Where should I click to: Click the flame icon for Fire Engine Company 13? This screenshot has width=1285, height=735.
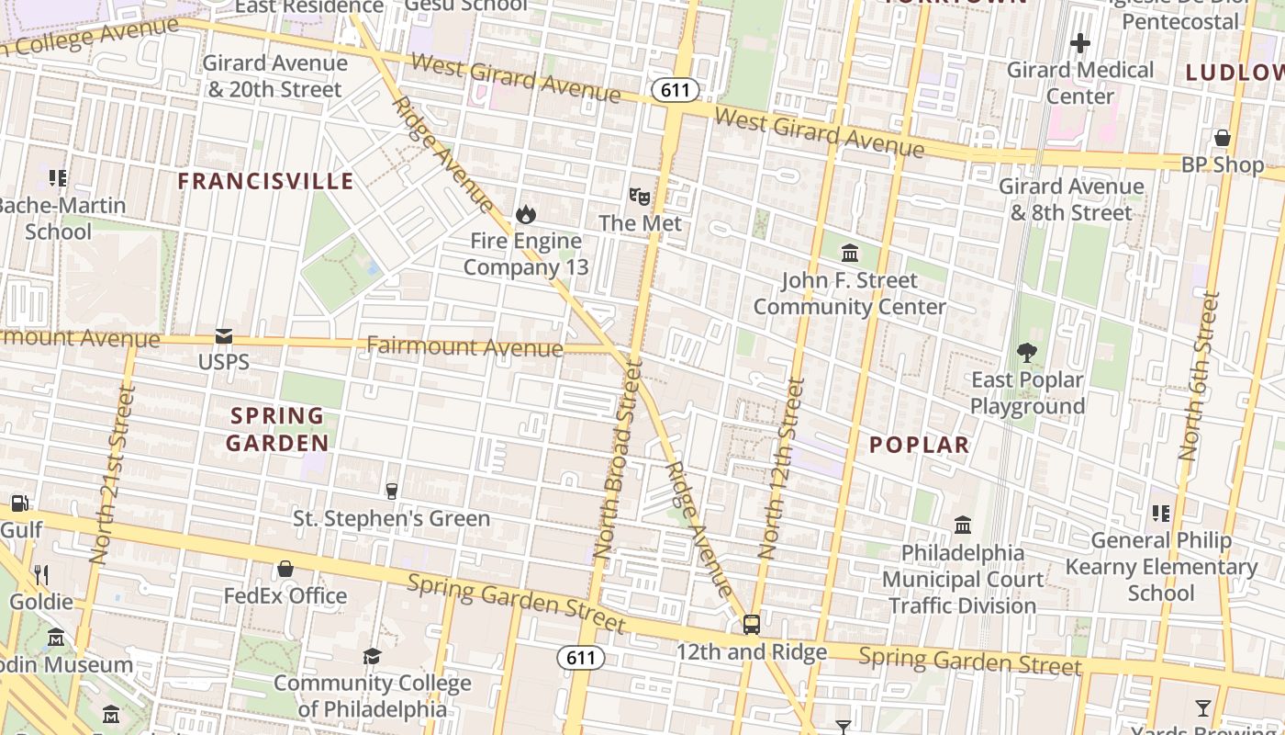pyautogui.click(x=525, y=214)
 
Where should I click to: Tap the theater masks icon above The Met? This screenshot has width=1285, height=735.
pyautogui.click(x=640, y=195)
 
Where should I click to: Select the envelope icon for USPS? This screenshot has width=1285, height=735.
pyautogui.click(x=224, y=336)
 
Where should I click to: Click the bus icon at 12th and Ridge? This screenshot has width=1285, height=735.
pyautogui.click(x=752, y=625)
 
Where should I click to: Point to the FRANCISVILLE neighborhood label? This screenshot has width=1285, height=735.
pyautogui.click(x=265, y=181)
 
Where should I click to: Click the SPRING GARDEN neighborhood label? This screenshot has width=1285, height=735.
pyautogui.click(x=276, y=429)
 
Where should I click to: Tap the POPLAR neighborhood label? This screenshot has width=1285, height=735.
pyautogui.click(x=919, y=445)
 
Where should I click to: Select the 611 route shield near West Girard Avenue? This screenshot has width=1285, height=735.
pyautogui.click(x=676, y=90)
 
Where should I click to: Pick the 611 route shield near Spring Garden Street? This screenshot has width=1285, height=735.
pyautogui.click(x=581, y=658)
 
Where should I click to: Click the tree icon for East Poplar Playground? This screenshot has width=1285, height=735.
pyautogui.click(x=1027, y=352)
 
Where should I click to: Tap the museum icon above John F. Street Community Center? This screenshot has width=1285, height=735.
pyautogui.click(x=850, y=253)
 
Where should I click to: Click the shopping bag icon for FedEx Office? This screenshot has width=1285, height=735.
pyautogui.click(x=285, y=569)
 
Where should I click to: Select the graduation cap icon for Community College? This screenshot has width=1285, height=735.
pyautogui.click(x=372, y=656)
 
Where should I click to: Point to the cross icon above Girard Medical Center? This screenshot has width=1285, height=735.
pyautogui.click(x=1080, y=42)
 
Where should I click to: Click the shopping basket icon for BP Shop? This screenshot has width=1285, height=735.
pyautogui.click(x=1222, y=138)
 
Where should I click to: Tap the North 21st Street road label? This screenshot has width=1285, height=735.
pyautogui.click(x=113, y=474)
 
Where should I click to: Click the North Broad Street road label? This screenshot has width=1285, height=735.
pyautogui.click(x=617, y=459)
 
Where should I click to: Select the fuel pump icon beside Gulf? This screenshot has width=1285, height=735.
pyautogui.click(x=19, y=503)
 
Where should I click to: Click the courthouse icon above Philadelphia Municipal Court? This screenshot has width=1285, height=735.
pyautogui.click(x=963, y=525)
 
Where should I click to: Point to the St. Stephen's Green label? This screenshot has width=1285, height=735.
pyautogui.click(x=391, y=518)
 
